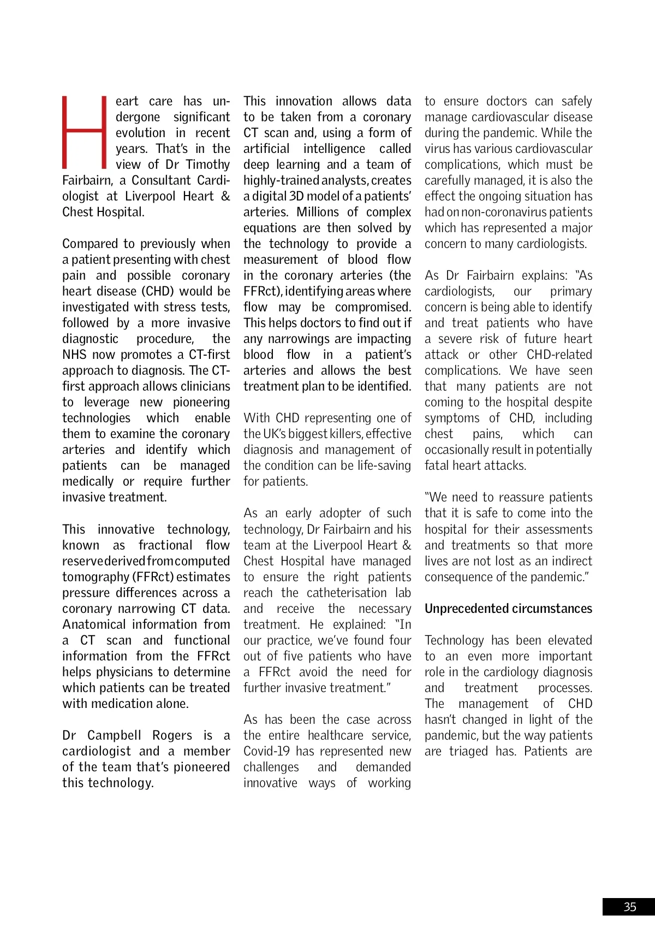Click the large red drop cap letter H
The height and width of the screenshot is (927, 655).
coord(85,132)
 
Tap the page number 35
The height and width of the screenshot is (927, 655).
coord(629,907)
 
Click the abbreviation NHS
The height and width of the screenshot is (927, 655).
coord(74,355)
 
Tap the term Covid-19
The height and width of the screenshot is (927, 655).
coord(267,751)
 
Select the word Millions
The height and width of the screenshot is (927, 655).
coord(318,212)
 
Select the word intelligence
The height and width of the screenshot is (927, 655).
coord(334,149)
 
